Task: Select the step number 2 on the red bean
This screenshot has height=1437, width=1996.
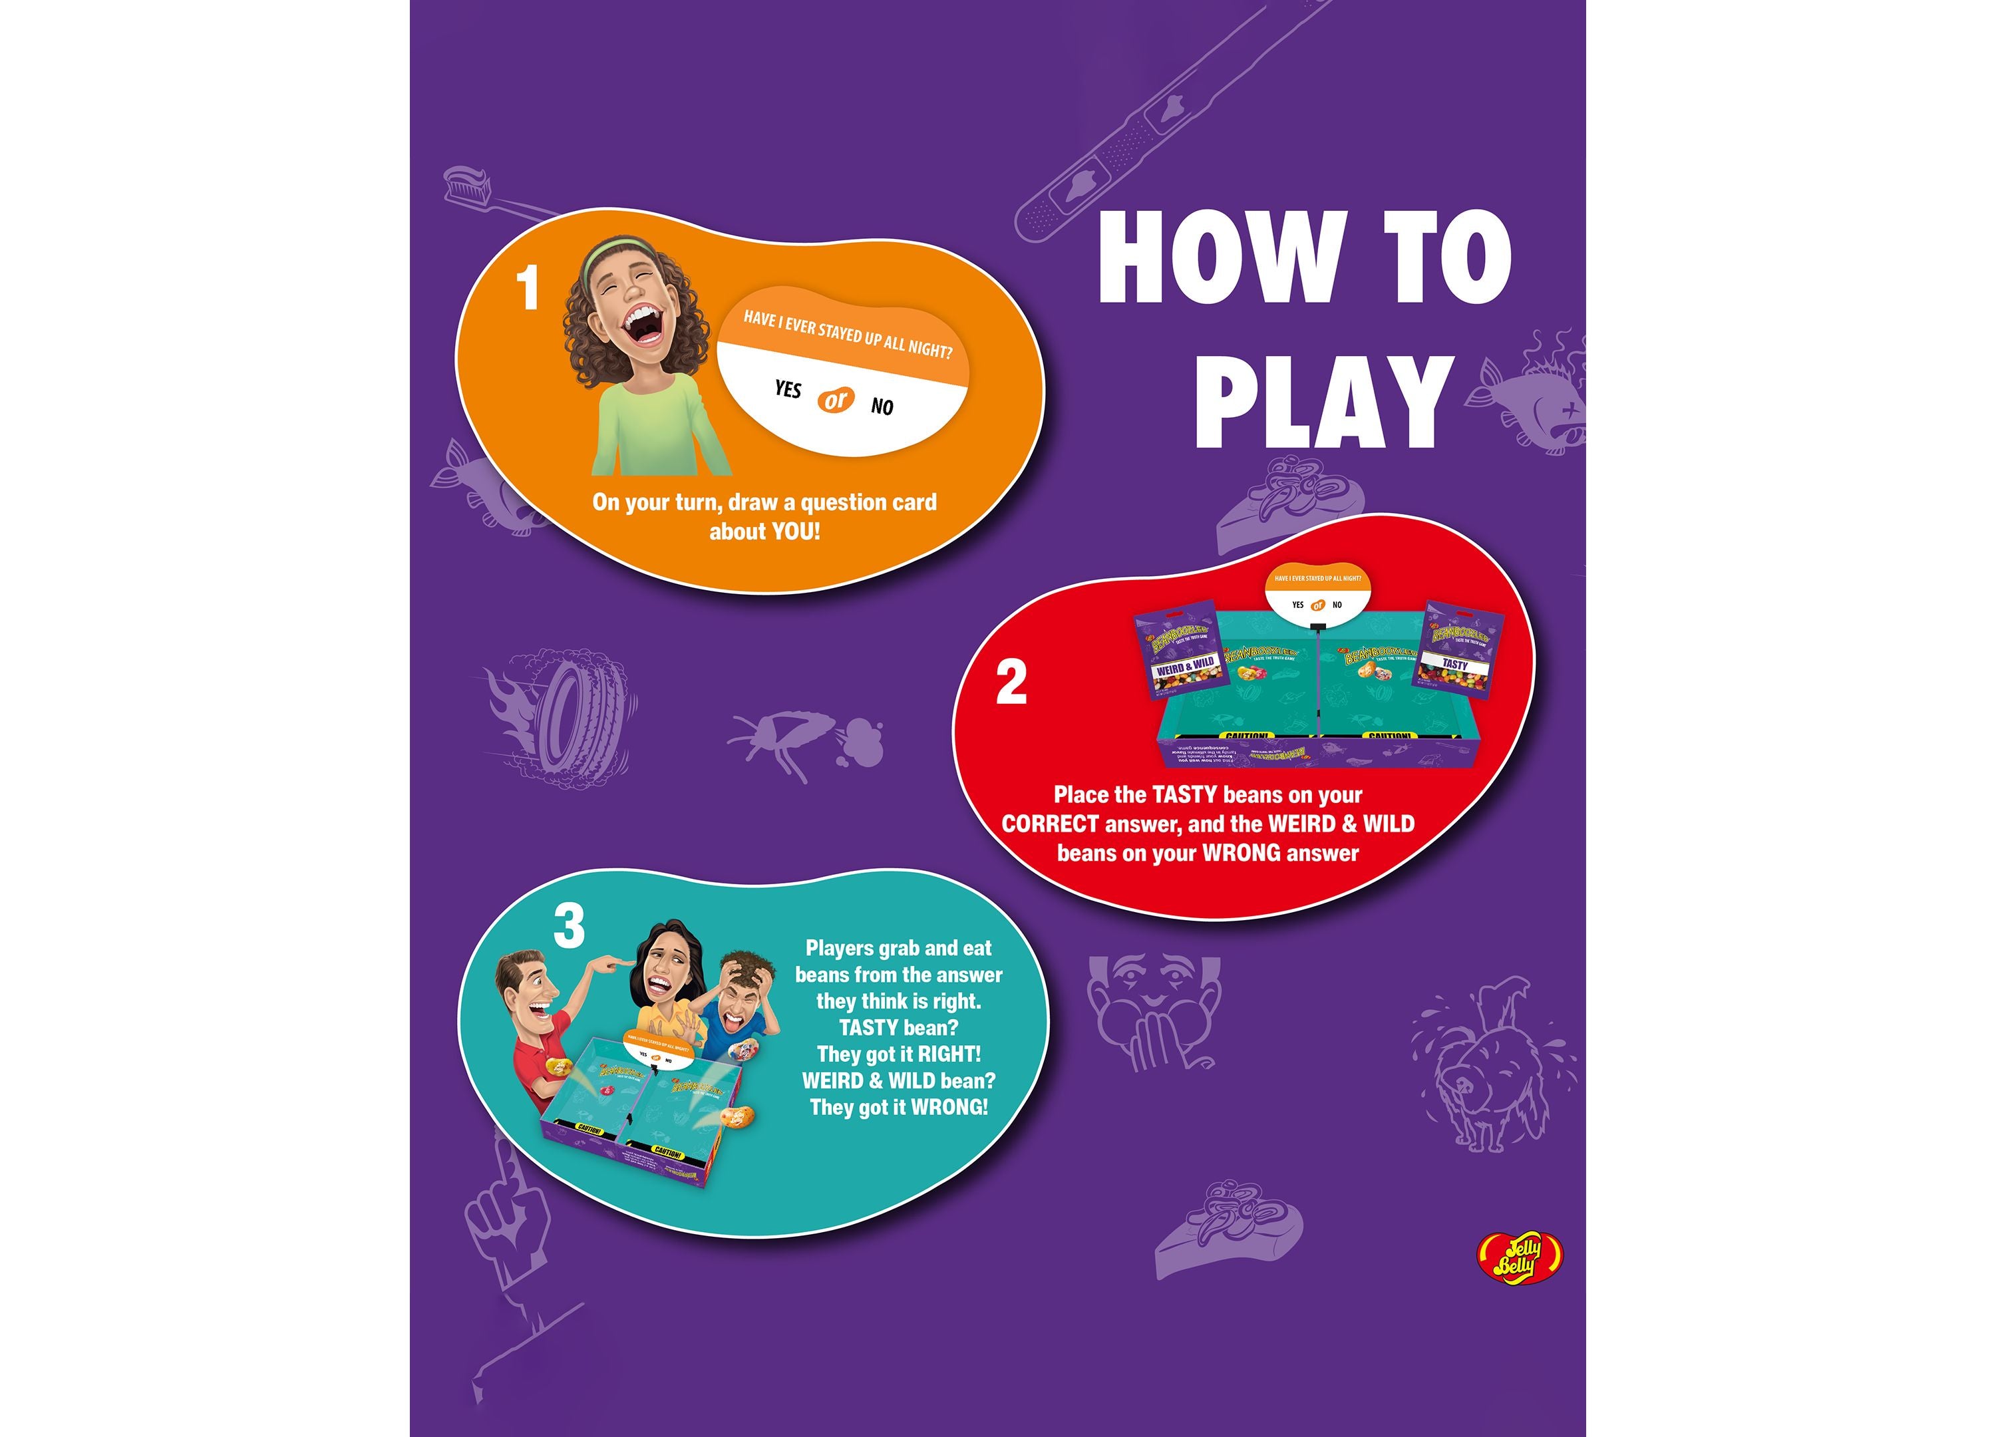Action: tap(1011, 683)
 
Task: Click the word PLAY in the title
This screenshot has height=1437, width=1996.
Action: tap(1322, 403)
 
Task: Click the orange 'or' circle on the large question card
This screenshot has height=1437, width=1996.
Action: tap(834, 400)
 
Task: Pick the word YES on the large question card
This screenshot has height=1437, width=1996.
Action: tap(788, 389)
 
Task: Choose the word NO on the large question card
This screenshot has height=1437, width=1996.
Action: tap(882, 406)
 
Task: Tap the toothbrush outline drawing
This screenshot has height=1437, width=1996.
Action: tap(493, 198)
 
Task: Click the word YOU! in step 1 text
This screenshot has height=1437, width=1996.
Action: tap(796, 532)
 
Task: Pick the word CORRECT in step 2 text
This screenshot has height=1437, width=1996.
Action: tap(1050, 824)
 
